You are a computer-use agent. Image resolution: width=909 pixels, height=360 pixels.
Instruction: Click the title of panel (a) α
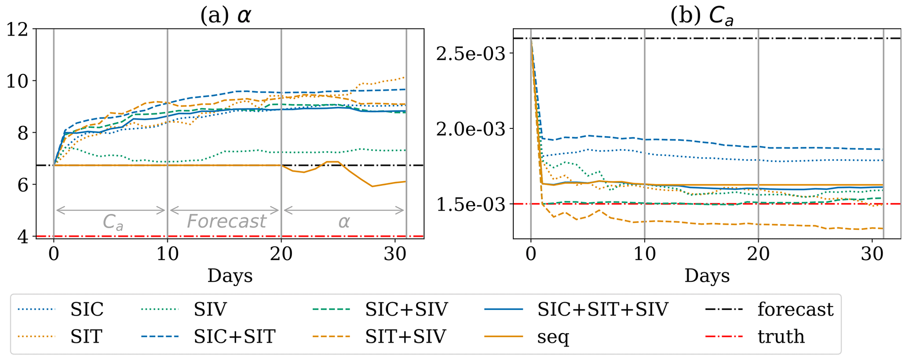tap(226, 16)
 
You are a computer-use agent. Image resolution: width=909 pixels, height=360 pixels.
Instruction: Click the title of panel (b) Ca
tap(702, 17)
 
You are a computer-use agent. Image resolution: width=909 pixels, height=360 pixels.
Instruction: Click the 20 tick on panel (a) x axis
tap(281, 255)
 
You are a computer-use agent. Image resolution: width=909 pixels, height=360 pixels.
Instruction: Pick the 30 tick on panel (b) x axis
tap(872, 255)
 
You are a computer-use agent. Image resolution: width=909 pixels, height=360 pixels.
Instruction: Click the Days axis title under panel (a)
tap(230, 276)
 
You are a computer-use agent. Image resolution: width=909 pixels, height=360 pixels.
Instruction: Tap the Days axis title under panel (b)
tap(707, 276)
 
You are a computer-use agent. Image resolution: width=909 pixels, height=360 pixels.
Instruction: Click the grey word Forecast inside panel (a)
tap(226, 221)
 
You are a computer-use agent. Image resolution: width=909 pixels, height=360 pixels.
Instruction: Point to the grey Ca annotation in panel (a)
tap(113, 222)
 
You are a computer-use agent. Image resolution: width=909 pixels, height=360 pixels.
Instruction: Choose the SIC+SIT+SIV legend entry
tap(602, 309)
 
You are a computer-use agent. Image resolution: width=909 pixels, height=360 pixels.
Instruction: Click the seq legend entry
tap(553, 337)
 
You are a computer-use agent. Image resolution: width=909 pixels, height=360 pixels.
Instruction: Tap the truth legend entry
tap(781, 337)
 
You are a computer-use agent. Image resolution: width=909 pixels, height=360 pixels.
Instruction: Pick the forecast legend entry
tap(795, 309)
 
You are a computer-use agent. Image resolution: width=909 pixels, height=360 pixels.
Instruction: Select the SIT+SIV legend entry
tap(405, 337)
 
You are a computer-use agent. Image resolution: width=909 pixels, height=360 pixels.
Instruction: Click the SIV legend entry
tap(210, 309)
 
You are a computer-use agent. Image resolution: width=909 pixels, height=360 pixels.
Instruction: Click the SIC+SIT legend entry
tap(234, 337)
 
